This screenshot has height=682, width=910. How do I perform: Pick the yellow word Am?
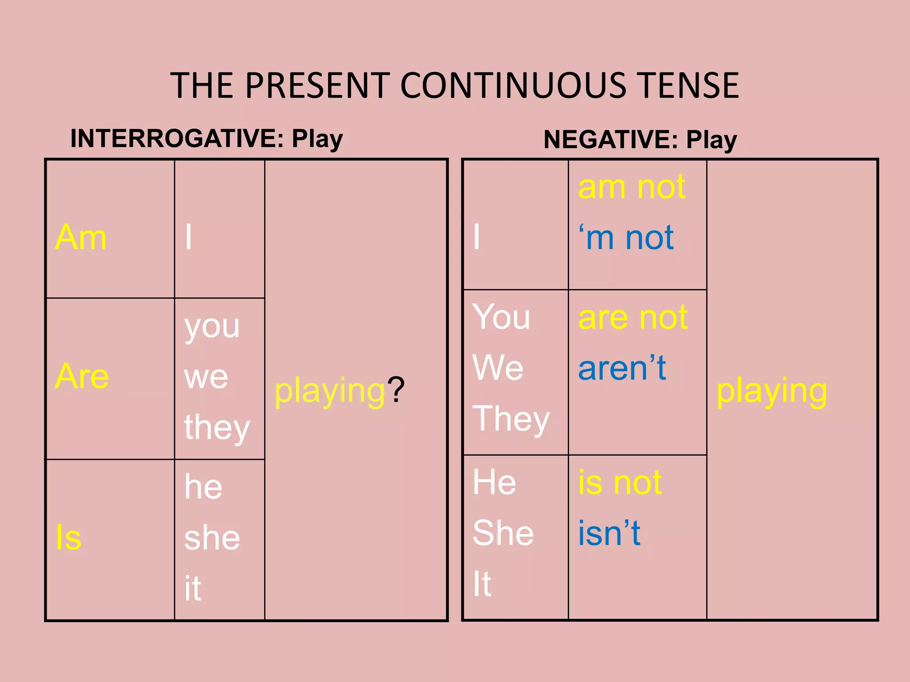pyautogui.click(x=81, y=237)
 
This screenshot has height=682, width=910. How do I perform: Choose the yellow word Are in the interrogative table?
pyautogui.click(x=82, y=376)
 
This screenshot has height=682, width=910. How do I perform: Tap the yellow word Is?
pyautogui.click(x=69, y=537)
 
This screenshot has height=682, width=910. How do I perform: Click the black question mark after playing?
pyautogui.click(x=396, y=390)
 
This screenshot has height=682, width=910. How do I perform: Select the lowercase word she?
pyautogui.click(x=212, y=538)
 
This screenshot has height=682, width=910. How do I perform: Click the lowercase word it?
pyautogui.click(x=193, y=588)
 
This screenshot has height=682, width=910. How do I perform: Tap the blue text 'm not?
pyautogui.click(x=626, y=238)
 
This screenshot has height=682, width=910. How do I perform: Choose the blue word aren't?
pyautogui.click(x=622, y=368)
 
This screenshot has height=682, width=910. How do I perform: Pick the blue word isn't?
pyautogui.click(x=609, y=533)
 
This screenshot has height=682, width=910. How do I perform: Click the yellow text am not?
pyautogui.click(x=632, y=187)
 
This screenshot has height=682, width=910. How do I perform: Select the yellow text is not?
pyautogui.click(x=620, y=482)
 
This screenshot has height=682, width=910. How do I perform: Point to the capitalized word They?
pyautogui.click(x=511, y=420)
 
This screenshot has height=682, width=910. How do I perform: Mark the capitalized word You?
pyautogui.click(x=501, y=317)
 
